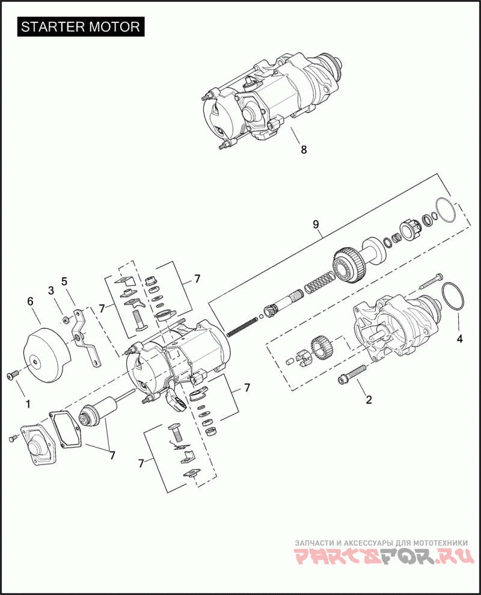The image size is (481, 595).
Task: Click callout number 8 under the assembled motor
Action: tap(304, 150)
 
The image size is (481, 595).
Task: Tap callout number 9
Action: tap(316, 224)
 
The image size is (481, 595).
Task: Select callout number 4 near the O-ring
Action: tap(460, 339)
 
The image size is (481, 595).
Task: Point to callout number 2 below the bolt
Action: tap(369, 399)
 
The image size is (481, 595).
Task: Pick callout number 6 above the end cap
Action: tap(30, 302)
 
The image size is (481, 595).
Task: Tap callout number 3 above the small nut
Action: tap(51, 291)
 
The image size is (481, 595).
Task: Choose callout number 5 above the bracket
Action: tap(64, 281)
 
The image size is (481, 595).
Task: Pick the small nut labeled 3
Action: tap(64, 318)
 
